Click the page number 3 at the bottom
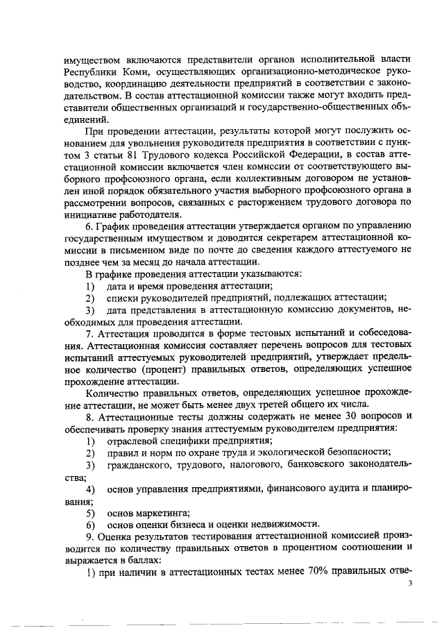point(411,584)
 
